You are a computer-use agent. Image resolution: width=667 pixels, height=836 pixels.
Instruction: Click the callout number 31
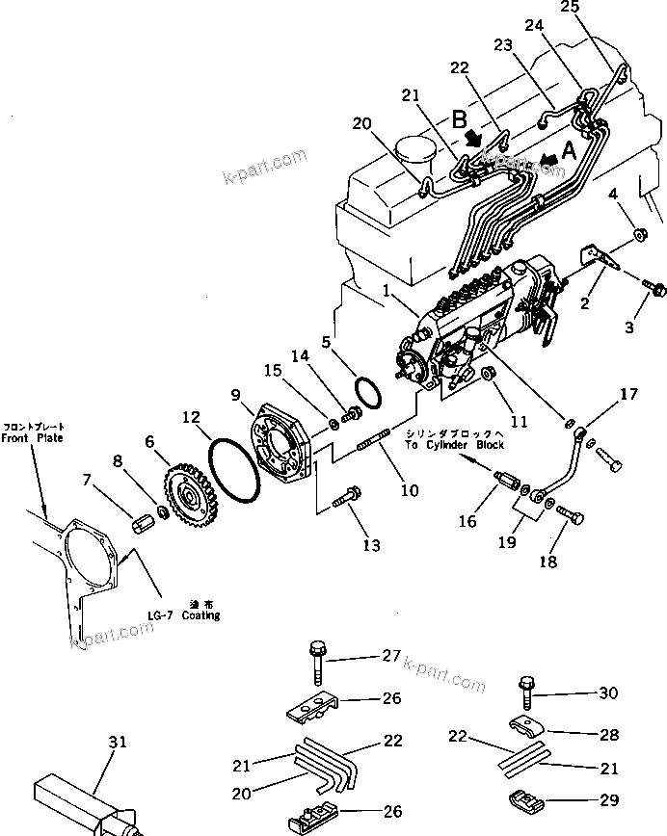coord(117,742)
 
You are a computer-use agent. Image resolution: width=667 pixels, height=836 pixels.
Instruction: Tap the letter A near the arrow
coord(569,149)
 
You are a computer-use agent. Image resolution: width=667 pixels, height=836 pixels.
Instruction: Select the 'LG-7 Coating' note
coord(191,615)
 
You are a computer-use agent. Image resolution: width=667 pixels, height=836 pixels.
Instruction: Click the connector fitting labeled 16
coord(507,480)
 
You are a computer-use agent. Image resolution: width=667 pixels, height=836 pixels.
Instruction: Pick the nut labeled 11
coord(487,373)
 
